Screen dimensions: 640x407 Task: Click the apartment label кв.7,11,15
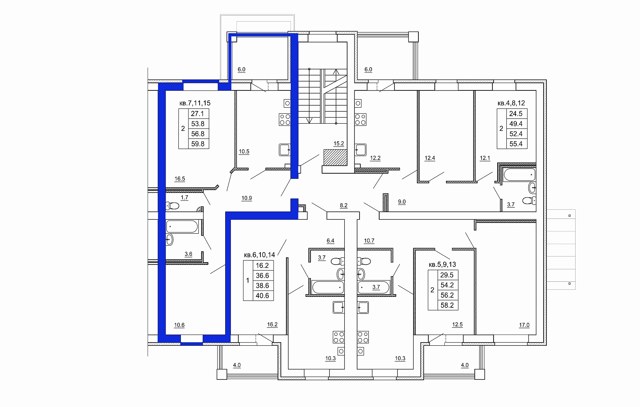(x=195, y=103)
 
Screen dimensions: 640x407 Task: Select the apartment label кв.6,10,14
(x=260, y=255)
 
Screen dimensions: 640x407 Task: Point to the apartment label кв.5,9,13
(x=442, y=265)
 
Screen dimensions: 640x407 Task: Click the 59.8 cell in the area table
(x=198, y=144)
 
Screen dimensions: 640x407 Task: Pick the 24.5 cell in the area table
(x=516, y=114)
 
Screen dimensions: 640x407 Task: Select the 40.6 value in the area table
(x=262, y=295)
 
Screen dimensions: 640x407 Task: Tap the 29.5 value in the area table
(x=447, y=275)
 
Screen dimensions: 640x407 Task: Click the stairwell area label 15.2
(x=339, y=144)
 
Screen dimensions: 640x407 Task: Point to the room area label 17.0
(x=524, y=325)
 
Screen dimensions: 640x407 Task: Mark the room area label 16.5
(x=180, y=178)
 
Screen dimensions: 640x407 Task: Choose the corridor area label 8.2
(x=344, y=205)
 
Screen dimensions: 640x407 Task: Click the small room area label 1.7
(x=184, y=197)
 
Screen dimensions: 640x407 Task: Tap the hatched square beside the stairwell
(x=336, y=157)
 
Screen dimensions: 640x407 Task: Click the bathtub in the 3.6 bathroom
(x=182, y=227)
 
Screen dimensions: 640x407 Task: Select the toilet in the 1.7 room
(x=172, y=205)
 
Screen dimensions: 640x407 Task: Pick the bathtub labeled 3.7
(x=374, y=287)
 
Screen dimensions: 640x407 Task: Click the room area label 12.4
(x=430, y=158)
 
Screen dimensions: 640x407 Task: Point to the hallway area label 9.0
(x=402, y=202)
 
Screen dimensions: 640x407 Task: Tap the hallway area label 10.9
(x=246, y=198)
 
